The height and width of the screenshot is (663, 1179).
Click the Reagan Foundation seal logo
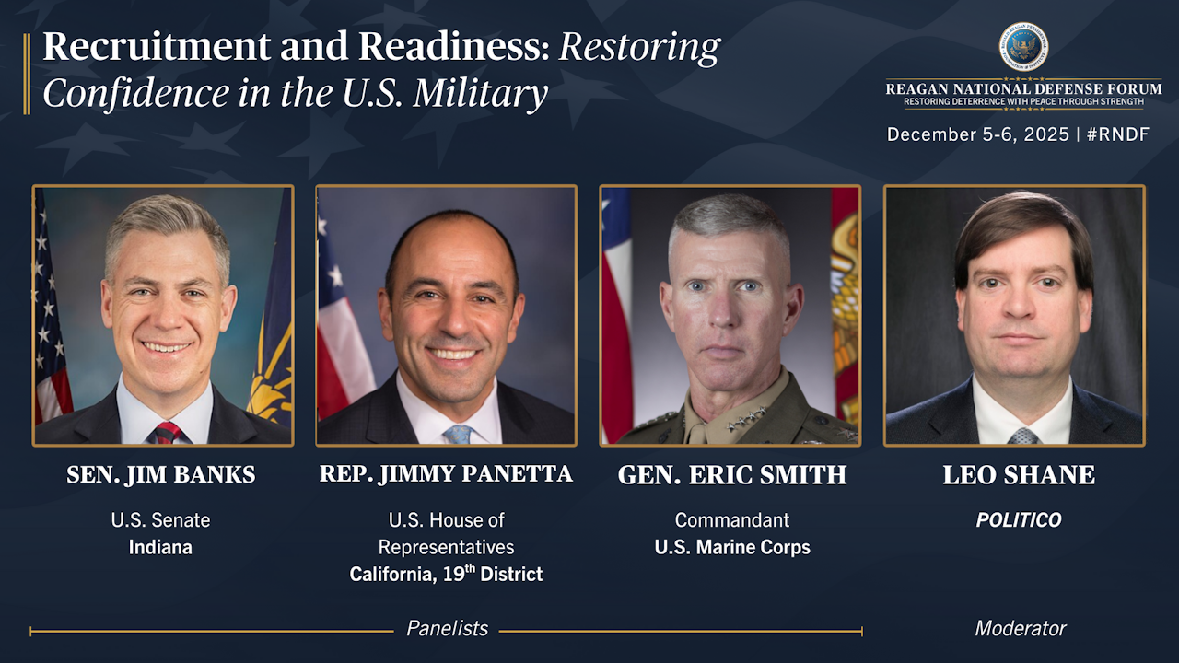(1023, 47)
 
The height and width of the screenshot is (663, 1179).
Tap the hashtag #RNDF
(1118, 134)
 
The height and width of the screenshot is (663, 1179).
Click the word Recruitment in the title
(157, 46)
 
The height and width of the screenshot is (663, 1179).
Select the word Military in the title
(480, 94)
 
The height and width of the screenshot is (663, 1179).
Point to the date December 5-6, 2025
(978, 134)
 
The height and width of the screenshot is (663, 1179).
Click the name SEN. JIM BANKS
(161, 474)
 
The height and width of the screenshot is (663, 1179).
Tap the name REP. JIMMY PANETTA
(446, 473)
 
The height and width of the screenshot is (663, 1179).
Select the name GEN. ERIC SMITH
(732, 474)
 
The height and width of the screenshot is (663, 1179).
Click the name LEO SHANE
(1019, 474)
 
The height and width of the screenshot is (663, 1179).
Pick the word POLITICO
(1019, 520)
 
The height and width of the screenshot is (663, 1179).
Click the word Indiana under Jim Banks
(160, 547)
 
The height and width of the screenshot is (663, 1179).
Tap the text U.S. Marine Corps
(732, 548)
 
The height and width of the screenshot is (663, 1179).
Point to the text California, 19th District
(446, 574)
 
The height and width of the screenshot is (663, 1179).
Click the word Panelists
(448, 628)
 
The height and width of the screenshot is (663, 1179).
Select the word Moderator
(1020, 628)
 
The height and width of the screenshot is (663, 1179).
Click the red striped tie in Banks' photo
(168, 433)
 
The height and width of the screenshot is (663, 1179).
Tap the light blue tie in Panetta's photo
(458, 435)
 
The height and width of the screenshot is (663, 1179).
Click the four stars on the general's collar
(746, 419)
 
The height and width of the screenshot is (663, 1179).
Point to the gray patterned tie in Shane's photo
(1022, 436)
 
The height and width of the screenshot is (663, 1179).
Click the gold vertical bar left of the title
(27, 74)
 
